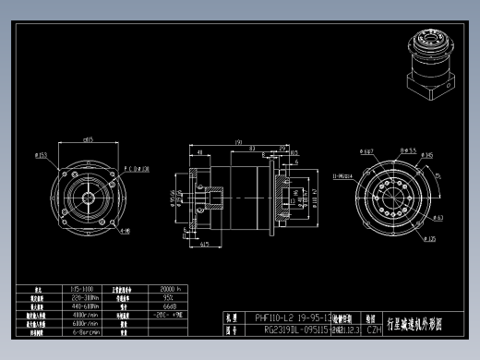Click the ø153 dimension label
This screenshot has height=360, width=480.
[42, 154]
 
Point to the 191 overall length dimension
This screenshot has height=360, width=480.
[239, 143]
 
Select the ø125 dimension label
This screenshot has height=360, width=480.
[429, 240]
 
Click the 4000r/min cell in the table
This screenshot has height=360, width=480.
[86, 315]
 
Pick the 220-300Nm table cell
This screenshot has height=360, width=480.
[86, 298]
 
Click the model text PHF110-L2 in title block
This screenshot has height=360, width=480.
[273, 316]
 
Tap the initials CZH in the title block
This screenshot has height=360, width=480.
[374, 329]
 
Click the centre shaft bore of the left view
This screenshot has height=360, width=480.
[88, 198]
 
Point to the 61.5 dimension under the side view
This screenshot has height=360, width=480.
[204, 245]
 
